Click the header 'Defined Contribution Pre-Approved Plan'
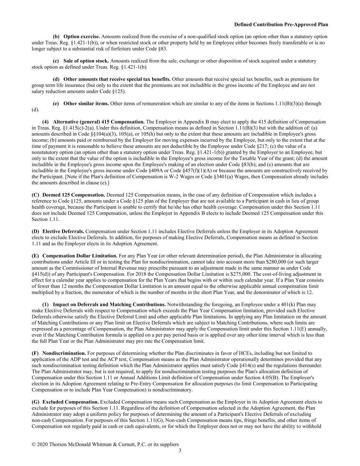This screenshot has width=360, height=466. (281, 25)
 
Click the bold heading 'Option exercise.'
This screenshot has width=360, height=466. (82, 37)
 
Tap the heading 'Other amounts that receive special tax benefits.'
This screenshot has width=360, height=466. (117, 79)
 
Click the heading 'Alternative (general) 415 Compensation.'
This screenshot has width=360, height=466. (99, 122)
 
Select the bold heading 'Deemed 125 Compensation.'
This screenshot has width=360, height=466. (69, 195)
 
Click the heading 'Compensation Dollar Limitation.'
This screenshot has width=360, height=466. (80, 256)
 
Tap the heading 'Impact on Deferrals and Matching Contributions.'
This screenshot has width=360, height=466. (109, 305)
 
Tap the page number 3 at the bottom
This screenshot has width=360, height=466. (180, 450)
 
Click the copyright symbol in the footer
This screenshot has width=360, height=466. (34, 444)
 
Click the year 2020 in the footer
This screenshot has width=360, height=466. (43, 444)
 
